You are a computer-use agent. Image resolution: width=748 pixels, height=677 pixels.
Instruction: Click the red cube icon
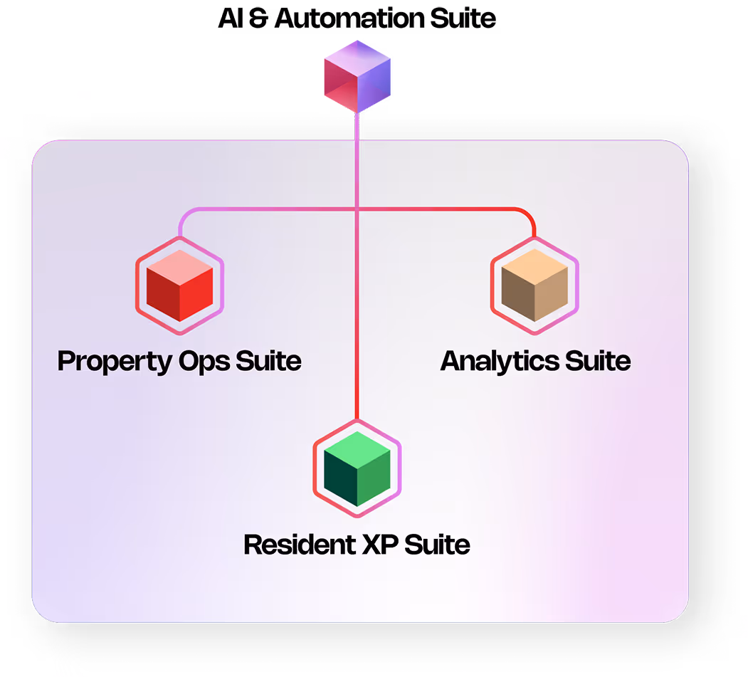click(x=179, y=285)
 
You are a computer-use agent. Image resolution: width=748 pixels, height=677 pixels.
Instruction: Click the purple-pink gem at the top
click(x=357, y=71)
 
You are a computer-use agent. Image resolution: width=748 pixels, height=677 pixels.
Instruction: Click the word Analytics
click(x=500, y=361)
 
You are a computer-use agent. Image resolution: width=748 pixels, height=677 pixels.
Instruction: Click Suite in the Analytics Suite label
click(x=598, y=361)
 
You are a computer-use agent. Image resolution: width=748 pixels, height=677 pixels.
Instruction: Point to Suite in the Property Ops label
click(x=269, y=361)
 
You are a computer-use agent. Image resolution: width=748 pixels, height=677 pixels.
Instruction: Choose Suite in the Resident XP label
click(x=438, y=545)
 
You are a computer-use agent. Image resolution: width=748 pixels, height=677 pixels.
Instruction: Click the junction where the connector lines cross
click(x=357, y=209)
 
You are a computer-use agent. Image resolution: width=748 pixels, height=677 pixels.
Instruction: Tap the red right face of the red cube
click(x=196, y=294)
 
